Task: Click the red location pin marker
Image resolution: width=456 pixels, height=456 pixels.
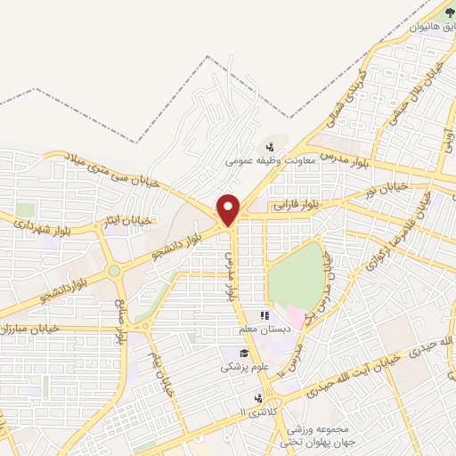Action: tap(229, 208)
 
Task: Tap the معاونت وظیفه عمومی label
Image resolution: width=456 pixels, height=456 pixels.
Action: tap(265, 160)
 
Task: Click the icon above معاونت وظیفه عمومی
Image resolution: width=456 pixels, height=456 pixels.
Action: tap(269, 145)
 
